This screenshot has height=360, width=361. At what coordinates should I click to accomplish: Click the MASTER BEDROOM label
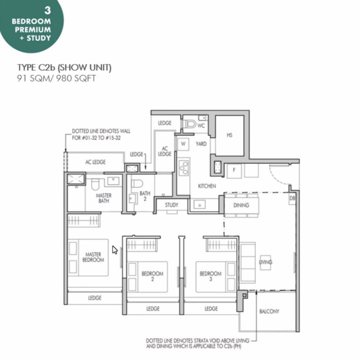tap(93, 257)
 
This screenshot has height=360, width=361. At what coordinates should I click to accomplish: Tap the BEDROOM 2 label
tap(152, 276)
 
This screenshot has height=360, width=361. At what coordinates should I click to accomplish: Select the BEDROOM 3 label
tap(210, 276)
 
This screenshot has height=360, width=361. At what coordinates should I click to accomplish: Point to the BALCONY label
tap(269, 311)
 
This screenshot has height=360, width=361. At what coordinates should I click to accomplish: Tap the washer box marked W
tap(183, 144)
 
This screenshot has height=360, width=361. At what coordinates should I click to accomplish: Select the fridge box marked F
tap(234, 171)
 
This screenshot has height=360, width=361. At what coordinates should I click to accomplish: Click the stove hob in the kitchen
tap(184, 167)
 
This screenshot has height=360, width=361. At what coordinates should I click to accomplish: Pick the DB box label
tap(292, 198)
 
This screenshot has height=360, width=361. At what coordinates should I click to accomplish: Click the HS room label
tap(230, 135)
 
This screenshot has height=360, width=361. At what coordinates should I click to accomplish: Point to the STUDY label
tap(171, 205)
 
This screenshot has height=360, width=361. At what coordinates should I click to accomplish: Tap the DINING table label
tap(241, 205)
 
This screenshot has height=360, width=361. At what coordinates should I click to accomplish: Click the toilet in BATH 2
tap(137, 184)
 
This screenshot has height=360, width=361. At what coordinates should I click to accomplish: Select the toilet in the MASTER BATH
tap(95, 184)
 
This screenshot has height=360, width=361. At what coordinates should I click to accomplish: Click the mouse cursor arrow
tap(115, 250)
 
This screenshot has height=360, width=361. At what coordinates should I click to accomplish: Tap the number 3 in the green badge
tap(47, 10)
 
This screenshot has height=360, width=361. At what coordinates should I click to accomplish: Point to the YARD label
tap(201, 144)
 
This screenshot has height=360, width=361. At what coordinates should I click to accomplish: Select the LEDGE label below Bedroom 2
tap(153, 309)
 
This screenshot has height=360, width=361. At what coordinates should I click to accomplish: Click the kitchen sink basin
tap(200, 204)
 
